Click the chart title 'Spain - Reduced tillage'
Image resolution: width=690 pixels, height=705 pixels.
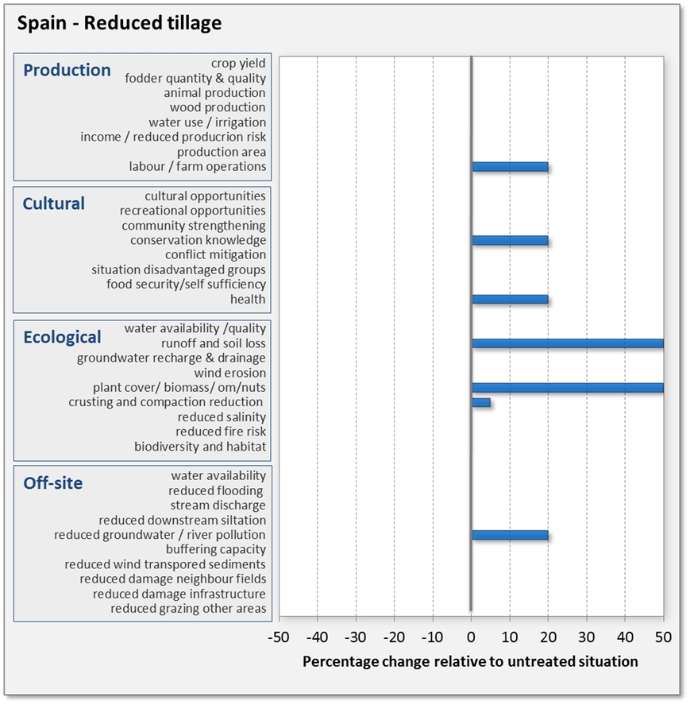pos(119,23)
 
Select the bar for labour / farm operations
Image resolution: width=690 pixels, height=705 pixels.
pos(510,167)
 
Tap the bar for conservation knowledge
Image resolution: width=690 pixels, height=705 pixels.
pos(510,240)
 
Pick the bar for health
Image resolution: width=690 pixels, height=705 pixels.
pos(510,300)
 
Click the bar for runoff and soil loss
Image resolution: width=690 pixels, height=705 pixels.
pos(567,343)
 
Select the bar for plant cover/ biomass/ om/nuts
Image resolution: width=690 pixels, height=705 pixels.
pos(567,388)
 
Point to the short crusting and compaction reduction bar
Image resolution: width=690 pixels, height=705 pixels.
pos(481,402)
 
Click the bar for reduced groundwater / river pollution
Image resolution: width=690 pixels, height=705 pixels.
pos(510,535)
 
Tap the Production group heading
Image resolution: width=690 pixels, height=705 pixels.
pos(67,70)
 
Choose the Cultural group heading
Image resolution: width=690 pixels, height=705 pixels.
pos(53,203)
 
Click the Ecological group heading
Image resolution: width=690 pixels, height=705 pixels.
pos(62,337)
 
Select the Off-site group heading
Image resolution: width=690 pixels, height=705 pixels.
pos(52,483)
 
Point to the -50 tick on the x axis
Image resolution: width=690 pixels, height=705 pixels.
pos(279,637)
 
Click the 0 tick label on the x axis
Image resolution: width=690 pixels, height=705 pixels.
pos(472,637)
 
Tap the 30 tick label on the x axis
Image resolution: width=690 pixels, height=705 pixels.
pos(587,637)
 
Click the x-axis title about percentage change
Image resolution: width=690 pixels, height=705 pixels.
pos(470,661)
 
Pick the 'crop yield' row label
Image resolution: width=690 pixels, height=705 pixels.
pos(238,63)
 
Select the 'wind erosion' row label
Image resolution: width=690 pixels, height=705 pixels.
pos(230,373)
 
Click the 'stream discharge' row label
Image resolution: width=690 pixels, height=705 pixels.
pos(218,506)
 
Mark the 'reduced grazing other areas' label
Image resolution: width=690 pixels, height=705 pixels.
pos(188,609)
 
